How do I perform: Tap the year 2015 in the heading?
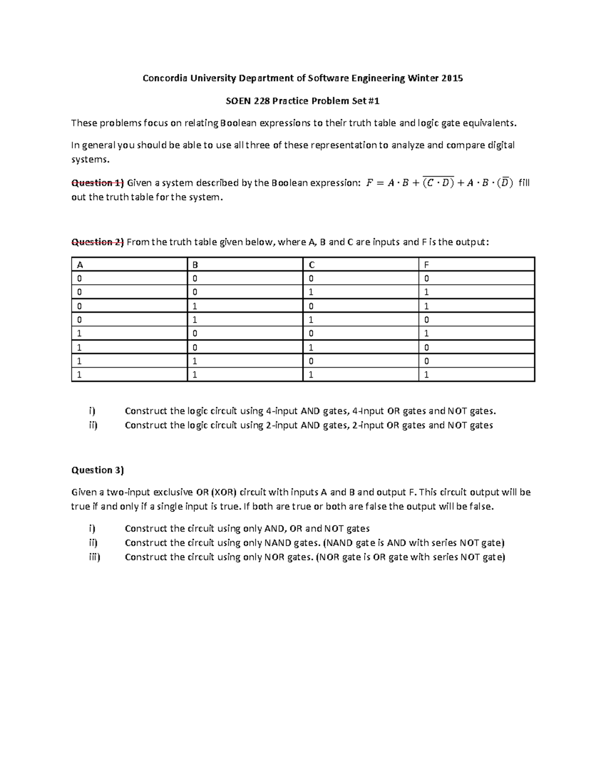[x=452, y=78]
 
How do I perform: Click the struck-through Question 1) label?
[x=97, y=183]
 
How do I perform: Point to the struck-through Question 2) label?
[x=97, y=242]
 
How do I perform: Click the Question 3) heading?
[x=97, y=470]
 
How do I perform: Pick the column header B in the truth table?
[x=195, y=265]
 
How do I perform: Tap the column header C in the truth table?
[x=311, y=265]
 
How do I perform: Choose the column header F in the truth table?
[x=427, y=265]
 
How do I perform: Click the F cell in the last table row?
[x=427, y=375]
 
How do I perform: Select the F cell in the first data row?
[x=427, y=278]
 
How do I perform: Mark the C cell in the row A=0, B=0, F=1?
[x=311, y=292]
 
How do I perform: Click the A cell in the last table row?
[x=79, y=375]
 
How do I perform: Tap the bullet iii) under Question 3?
[x=93, y=557]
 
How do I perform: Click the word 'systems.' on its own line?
[x=89, y=160]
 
